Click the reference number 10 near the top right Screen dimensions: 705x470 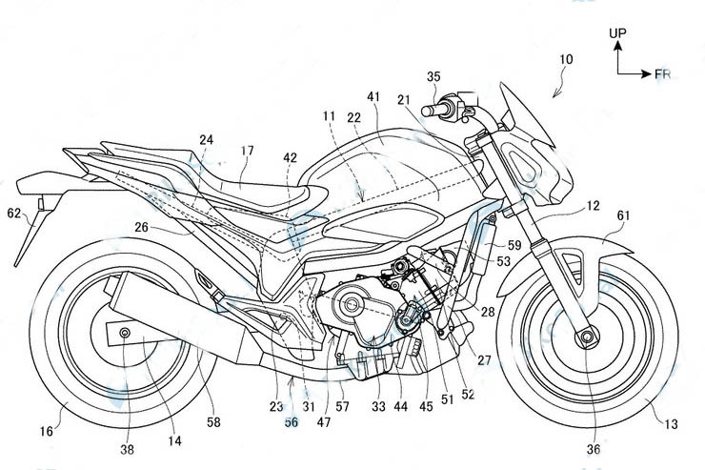pos(567,59)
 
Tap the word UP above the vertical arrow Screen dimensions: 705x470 pos(617,32)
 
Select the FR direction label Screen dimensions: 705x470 pos(662,73)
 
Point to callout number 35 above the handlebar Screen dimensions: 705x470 pos(433,76)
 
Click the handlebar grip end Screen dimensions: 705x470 pos(426,111)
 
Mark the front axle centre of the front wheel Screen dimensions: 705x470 pos(587,337)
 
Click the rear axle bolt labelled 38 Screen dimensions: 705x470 pos(125,333)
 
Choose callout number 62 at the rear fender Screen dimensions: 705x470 pos(14,213)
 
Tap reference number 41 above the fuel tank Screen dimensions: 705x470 pos(373,96)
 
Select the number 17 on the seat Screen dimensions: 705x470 pos(247,151)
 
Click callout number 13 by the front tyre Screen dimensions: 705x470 pos(671,423)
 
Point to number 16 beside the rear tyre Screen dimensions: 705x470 pos(47,431)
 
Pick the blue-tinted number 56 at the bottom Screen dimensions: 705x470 pos(292,422)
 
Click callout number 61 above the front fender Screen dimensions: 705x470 pos(623,215)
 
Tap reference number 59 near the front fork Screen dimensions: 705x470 pos(514,245)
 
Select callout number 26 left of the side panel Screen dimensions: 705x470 pos(141,227)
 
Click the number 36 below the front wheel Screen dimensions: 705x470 pos(594,449)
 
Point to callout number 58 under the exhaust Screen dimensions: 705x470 pos(213,422)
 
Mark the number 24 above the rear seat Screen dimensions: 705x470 pos(207,140)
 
